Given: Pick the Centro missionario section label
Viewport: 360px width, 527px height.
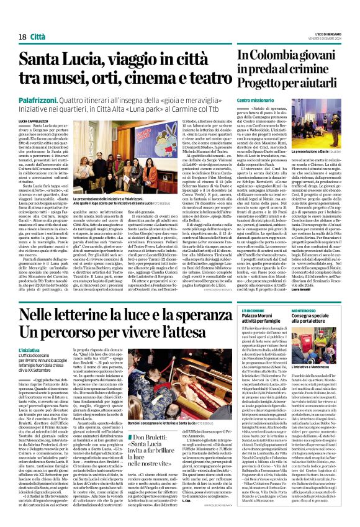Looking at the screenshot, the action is (255, 100).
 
